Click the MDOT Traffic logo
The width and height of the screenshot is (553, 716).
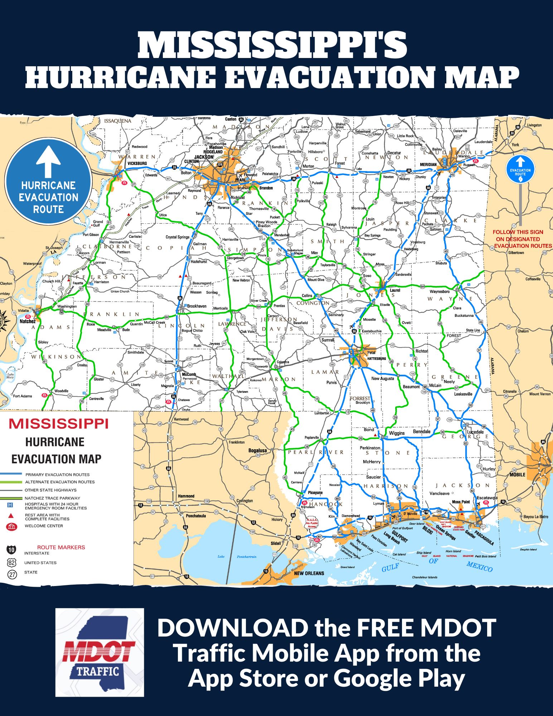[x=100, y=652]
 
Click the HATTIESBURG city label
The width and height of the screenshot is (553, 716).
[x=377, y=358]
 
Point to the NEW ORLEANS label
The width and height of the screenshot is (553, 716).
[x=309, y=573]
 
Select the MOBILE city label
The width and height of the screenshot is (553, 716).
[x=517, y=475]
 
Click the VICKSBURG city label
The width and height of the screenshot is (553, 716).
[x=137, y=163]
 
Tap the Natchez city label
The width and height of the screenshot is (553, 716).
[x=28, y=321]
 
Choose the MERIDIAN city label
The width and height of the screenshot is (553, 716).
[x=428, y=165]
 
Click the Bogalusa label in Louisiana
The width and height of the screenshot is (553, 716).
[x=257, y=450]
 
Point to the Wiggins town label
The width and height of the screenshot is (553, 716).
[x=397, y=433]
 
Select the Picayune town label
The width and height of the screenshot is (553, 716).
[x=315, y=493]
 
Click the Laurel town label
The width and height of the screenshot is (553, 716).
[x=395, y=290]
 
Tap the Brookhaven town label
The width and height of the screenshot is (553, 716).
[x=197, y=306]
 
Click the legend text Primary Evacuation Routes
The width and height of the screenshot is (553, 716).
[x=57, y=474]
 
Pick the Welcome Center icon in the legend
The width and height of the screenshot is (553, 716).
[x=11, y=527]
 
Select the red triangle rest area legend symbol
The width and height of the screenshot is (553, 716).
[x=11, y=516]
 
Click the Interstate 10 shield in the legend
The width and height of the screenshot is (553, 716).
[x=11, y=550]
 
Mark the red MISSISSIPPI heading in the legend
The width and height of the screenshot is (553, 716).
[x=58, y=424]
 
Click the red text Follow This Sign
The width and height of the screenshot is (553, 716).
[x=518, y=232]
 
